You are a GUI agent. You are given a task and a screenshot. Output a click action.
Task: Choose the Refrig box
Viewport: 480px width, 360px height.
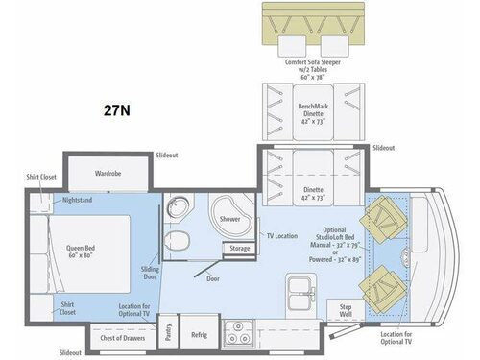point(199,335)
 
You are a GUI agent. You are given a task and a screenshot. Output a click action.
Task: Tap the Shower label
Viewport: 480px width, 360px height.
point(229,219)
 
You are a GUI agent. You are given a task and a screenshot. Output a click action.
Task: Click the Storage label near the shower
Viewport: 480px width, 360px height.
point(239,248)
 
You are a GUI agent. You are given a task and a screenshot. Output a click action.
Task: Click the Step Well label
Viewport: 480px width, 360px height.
point(346,310)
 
